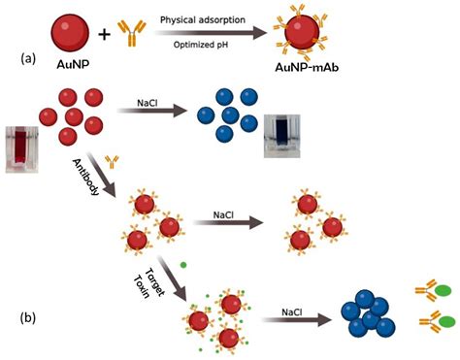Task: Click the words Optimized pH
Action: click(203, 47)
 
